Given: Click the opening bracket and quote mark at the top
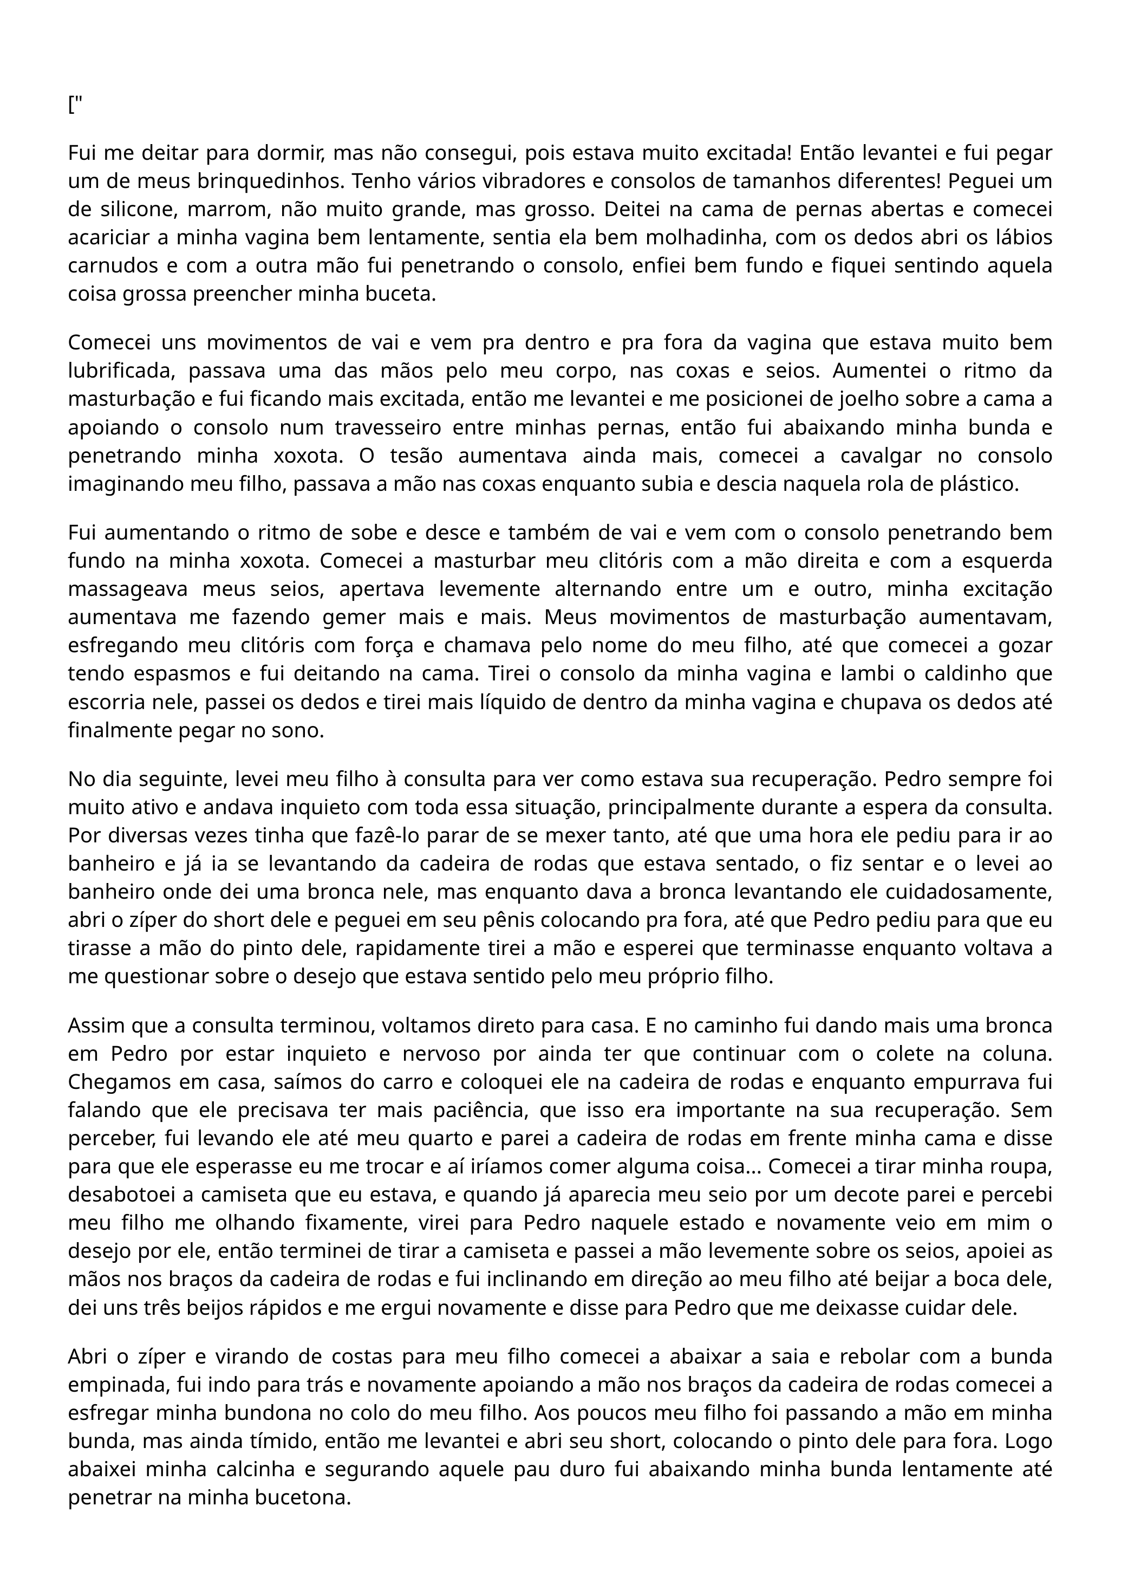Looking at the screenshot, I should pyautogui.click(x=75, y=106).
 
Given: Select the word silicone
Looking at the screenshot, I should pyautogui.click(x=131, y=209).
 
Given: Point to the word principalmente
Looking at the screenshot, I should pyautogui.click(x=676, y=807).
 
